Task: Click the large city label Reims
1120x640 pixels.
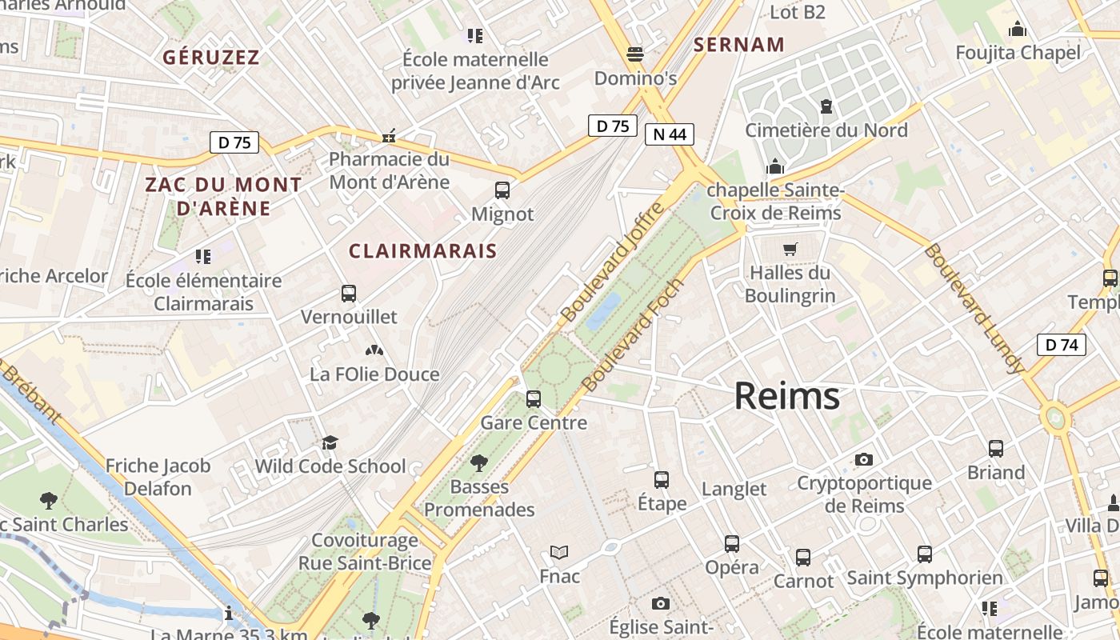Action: [x=787, y=396]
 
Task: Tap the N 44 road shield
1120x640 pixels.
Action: [x=669, y=134]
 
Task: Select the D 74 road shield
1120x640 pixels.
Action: [x=1062, y=345]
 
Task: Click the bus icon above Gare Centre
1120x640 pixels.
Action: [x=534, y=398]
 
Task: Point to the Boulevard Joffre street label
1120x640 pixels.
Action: [x=614, y=262]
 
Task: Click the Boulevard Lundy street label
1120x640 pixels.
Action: [x=974, y=309]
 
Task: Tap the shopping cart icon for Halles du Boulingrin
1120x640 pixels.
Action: [x=790, y=249]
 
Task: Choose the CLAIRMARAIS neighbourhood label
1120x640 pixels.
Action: [x=423, y=250]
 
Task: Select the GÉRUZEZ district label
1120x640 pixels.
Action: [x=211, y=58]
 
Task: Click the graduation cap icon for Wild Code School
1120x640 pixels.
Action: [x=330, y=442]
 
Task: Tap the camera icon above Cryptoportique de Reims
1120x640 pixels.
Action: [x=863, y=459]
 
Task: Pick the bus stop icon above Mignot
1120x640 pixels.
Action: [x=502, y=190]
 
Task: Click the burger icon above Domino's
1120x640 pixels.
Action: [x=635, y=54]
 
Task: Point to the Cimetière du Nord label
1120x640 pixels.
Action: [x=826, y=130]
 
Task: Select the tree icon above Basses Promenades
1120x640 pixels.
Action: [x=479, y=462]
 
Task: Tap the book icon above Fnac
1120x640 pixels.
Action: [x=559, y=552]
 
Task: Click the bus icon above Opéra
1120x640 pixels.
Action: [x=732, y=544]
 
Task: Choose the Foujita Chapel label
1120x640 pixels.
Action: [x=1018, y=54]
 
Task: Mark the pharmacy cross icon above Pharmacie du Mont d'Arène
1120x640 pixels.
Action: [x=389, y=137]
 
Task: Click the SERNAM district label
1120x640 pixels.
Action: [x=739, y=45]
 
